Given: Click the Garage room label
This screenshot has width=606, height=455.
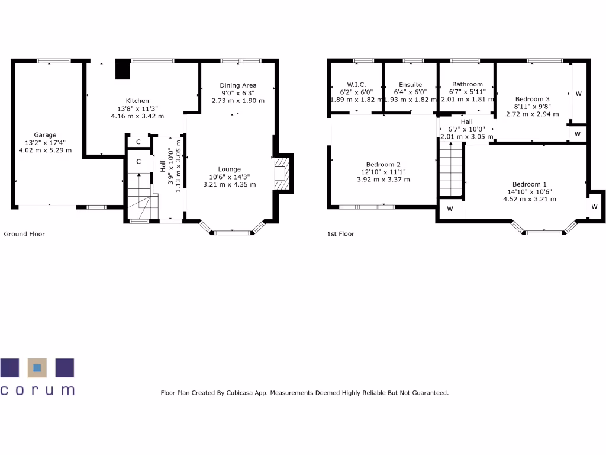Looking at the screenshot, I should coord(45,135).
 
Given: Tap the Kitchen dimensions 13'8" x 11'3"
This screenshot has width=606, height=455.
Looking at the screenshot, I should coord(137,108).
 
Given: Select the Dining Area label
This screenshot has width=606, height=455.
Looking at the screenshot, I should coord(238,85).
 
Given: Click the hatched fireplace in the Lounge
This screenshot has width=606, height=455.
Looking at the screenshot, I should coord(284,173).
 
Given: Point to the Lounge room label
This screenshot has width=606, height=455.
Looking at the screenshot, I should coord(229,169).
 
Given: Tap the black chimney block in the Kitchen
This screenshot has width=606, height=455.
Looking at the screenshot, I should coord(123,69).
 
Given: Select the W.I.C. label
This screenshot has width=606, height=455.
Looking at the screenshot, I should coord(356,85).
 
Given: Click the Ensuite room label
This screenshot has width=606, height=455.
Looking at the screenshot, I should coord(410,85).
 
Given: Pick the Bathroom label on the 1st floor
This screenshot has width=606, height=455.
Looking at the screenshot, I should coord(467,84).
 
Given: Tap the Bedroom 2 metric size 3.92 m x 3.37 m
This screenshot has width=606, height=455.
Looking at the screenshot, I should coord(383,180).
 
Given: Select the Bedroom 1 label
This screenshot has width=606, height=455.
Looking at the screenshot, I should coord(529,184).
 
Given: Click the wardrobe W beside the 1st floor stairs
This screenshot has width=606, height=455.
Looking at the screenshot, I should coord(450,209).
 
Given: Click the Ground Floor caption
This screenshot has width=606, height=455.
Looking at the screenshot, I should coord(24,234).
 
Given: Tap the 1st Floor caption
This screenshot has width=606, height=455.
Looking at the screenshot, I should coord(341,234).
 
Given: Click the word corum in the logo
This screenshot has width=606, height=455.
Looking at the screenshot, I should coord(37,390).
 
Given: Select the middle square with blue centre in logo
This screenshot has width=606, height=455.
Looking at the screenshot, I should coord(37,367).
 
